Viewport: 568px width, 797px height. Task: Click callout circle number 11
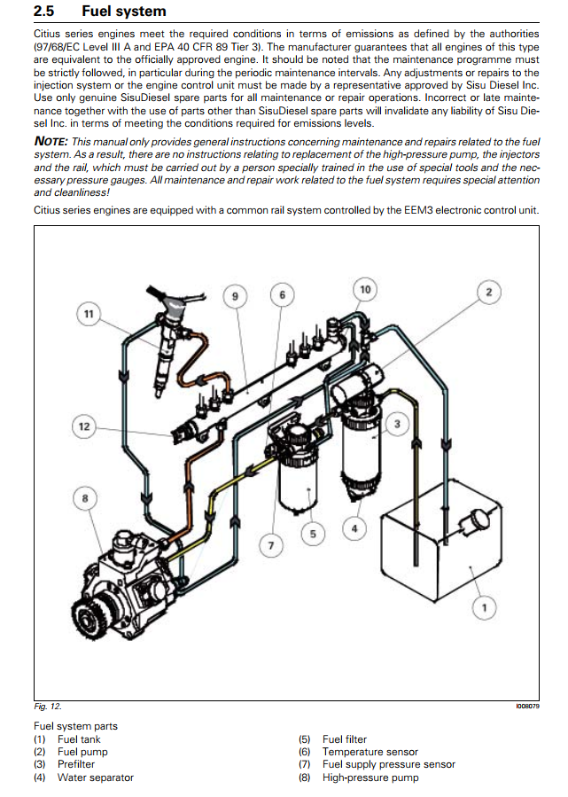coord(87,314)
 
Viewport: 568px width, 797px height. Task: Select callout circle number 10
coord(364,289)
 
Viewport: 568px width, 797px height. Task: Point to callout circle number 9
coord(236,296)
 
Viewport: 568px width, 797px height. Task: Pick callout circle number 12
coord(84,426)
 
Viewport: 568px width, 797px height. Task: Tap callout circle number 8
coord(85,499)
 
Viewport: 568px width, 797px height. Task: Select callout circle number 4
coord(354,529)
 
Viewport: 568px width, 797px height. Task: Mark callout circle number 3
coord(397,425)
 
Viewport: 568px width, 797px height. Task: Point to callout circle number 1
coord(484,607)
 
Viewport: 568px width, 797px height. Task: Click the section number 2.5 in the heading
coord(45,12)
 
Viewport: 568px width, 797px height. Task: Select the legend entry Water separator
coord(96,777)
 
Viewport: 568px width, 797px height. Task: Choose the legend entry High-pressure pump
coord(370,777)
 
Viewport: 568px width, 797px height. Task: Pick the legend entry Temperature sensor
coord(370,752)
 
